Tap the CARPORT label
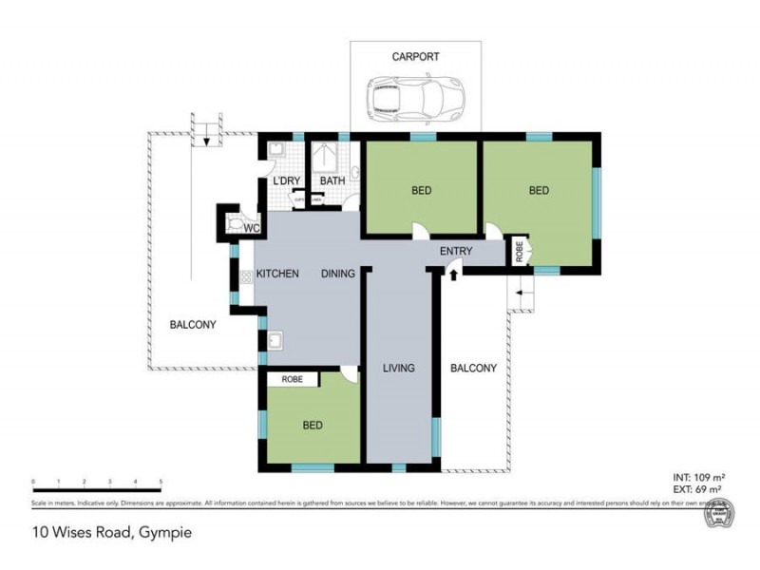[x=416, y=57]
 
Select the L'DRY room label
[x=286, y=180]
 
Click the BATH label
[x=332, y=180]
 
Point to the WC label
[x=253, y=229]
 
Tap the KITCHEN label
[x=277, y=274]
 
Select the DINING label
[x=337, y=274]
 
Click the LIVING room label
[x=399, y=368]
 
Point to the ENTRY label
[x=456, y=251]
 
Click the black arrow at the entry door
[x=453, y=275]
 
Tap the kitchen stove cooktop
[x=244, y=277]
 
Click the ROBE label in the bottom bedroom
[x=293, y=378]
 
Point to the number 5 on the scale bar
[x=160, y=483]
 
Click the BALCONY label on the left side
[x=193, y=325]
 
